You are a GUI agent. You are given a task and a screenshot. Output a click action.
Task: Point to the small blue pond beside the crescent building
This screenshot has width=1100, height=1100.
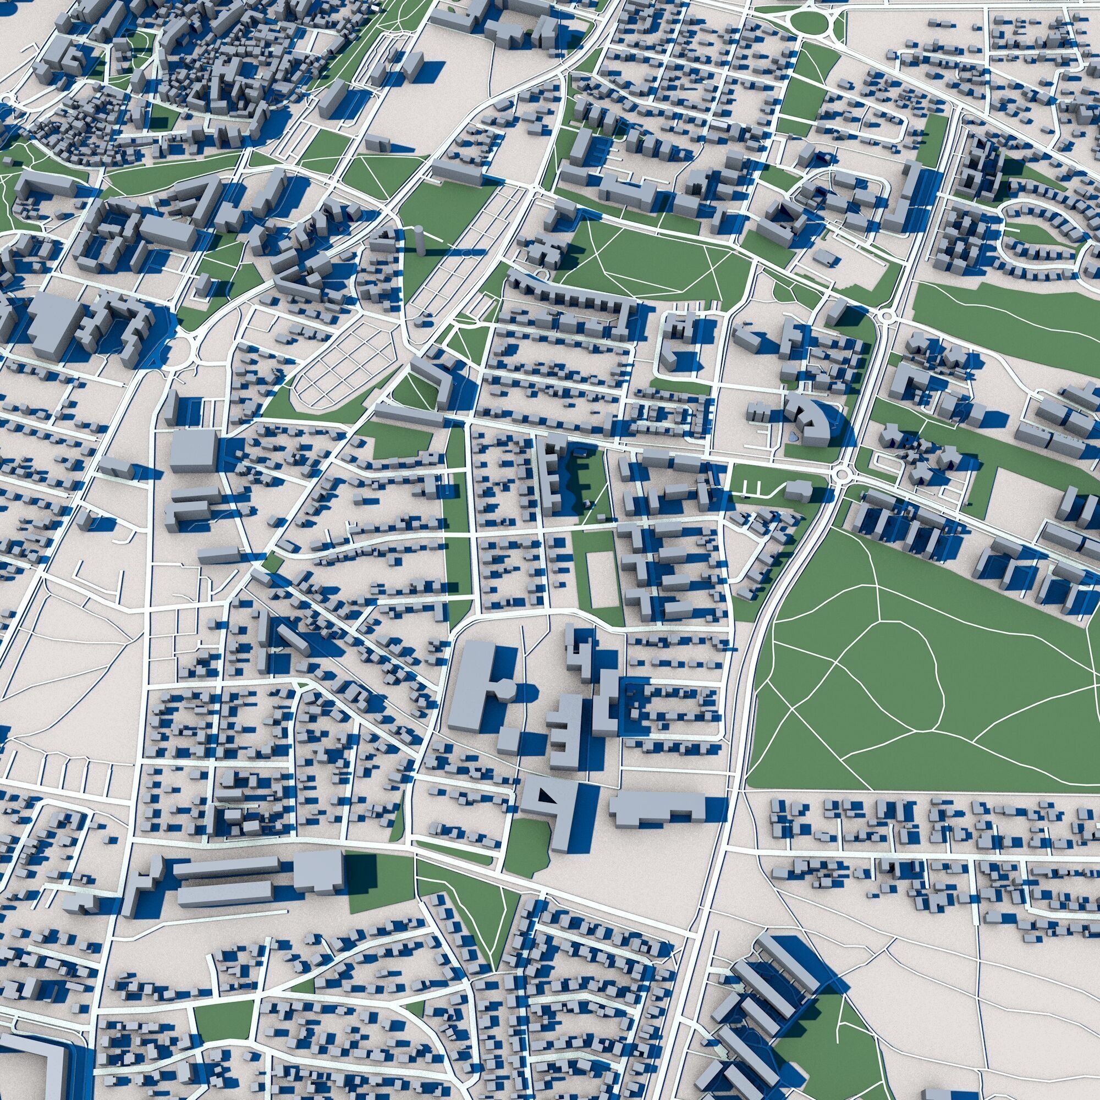pyautogui.click(x=793, y=437)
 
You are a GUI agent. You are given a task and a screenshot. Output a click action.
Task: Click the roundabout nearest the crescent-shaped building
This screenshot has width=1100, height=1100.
pyautogui.click(x=841, y=473)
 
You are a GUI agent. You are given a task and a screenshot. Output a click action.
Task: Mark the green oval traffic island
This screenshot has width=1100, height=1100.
pyautogui.click(x=809, y=22)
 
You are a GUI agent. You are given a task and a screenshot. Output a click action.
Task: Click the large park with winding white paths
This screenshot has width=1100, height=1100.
pyautogui.click(x=911, y=683)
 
